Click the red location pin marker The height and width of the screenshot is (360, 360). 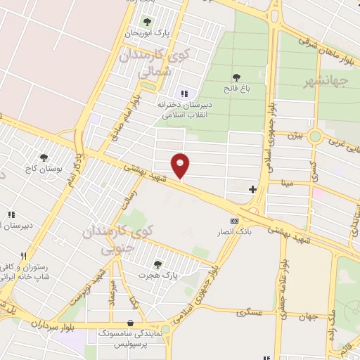pyautogui.click(x=181, y=166)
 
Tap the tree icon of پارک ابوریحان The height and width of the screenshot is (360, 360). pyautogui.click(x=146, y=22)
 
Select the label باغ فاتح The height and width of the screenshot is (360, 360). pyautogui.click(x=237, y=89)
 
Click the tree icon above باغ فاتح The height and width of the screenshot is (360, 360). pyautogui.click(x=237, y=77)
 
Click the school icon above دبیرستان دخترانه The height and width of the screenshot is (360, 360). pyautogui.click(x=184, y=94)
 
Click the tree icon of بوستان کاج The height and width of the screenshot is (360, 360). pyautogui.click(x=44, y=157)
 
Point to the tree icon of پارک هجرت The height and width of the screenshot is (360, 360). pyautogui.click(x=156, y=264)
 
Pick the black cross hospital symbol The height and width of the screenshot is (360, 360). pyautogui.click(x=252, y=188)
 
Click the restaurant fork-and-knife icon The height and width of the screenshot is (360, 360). pyautogui.click(x=24, y=256)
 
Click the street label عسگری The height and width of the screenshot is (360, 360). pyautogui.click(x=249, y=310)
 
